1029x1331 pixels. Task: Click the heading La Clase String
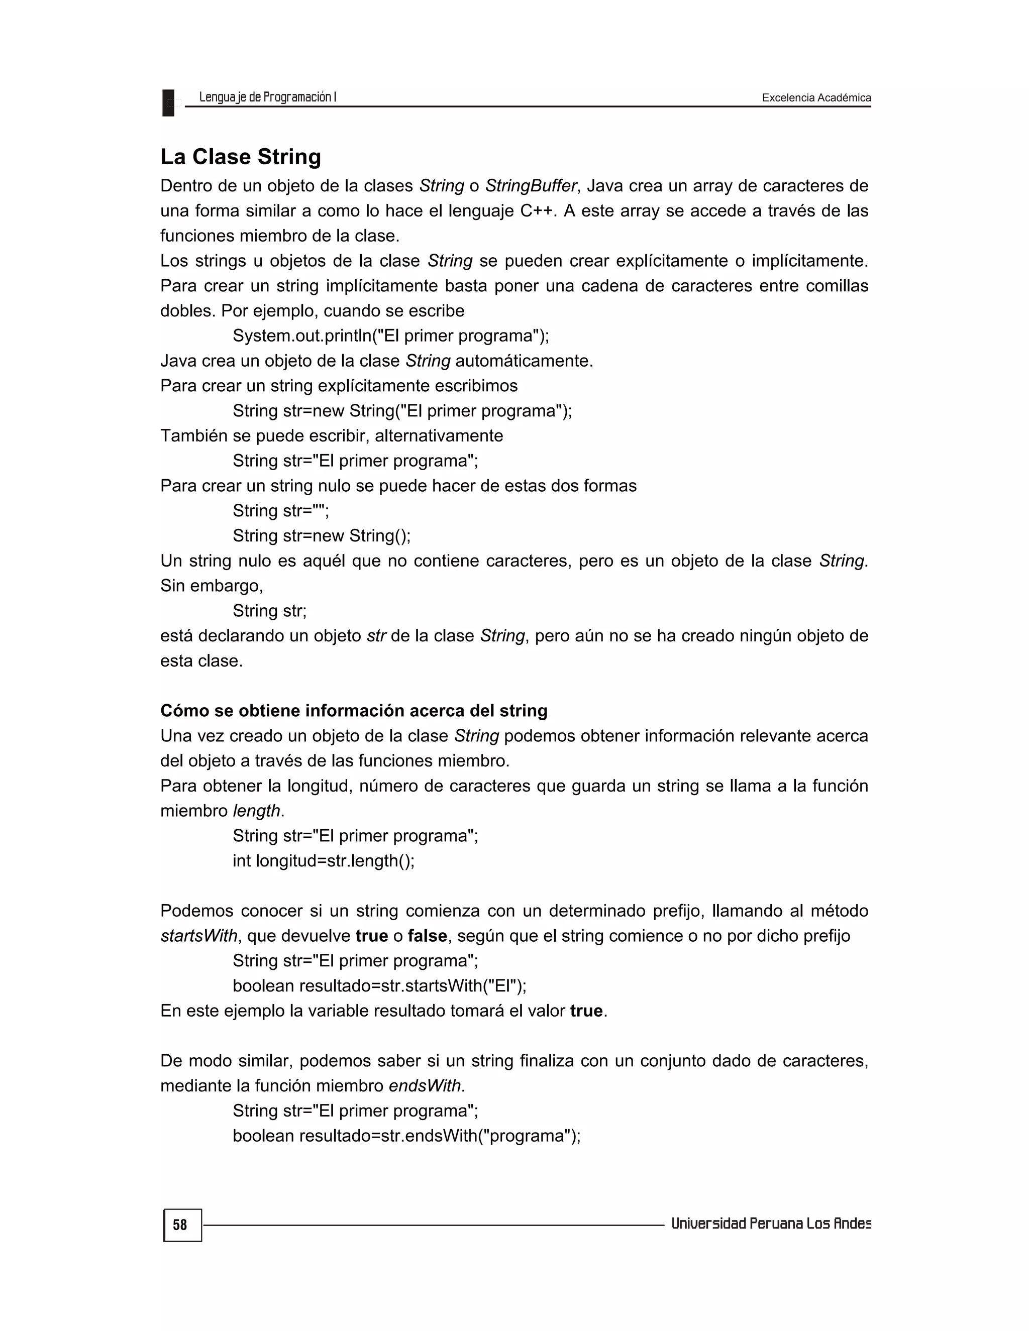click(240, 157)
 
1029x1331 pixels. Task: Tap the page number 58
click(180, 1225)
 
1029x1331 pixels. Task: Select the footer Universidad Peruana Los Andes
click(771, 1224)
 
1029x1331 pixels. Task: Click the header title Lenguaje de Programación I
click(268, 97)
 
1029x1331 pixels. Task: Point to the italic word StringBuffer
click(531, 186)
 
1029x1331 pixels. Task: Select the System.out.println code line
click(391, 336)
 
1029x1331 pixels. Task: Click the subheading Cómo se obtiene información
click(354, 711)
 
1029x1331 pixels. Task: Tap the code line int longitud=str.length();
click(323, 860)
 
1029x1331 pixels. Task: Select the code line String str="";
click(280, 511)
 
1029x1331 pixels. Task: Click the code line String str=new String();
click(321, 536)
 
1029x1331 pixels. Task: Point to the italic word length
click(256, 811)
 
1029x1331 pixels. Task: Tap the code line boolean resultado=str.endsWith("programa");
click(406, 1136)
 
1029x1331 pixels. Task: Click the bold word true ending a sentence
click(586, 1011)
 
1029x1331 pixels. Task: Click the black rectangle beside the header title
click(168, 103)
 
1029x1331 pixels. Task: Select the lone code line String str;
click(269, 611)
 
